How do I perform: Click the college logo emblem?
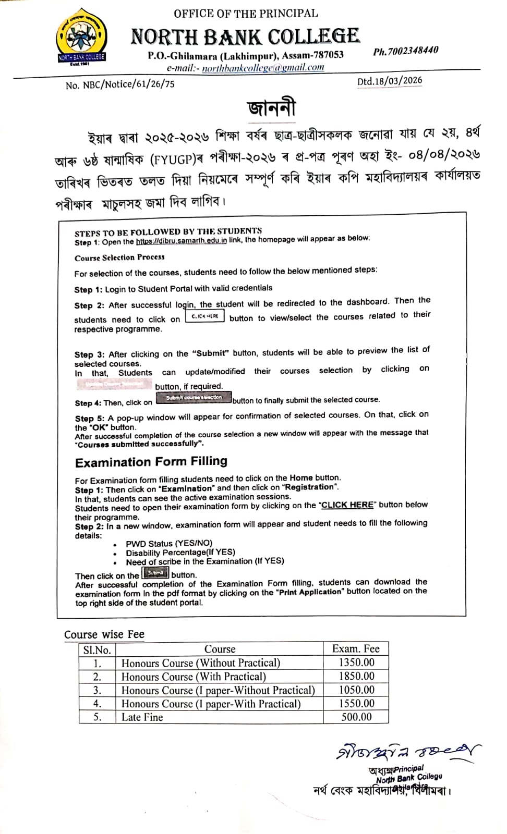[81, 38]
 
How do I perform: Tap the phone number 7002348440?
[406, 51]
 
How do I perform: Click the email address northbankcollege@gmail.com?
[263, 68]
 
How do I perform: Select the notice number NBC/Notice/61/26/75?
[120, 84]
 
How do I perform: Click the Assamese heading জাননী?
[271, 108]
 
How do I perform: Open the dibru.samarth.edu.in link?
[182, 241]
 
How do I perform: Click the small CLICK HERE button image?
[205, 316]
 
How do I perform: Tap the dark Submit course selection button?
[194, 398]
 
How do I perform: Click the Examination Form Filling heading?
[151, 462]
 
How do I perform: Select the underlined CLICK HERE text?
[347, 505]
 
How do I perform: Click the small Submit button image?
[156, 573]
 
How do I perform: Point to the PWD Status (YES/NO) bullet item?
[169, 543]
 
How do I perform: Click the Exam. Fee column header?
[356, 648]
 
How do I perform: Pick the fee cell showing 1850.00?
[356, 676]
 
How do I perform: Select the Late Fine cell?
[142, 717]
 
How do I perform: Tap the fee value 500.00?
[356, 717]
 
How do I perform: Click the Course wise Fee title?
[104, 634]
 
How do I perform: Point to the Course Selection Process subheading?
[119, 257]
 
